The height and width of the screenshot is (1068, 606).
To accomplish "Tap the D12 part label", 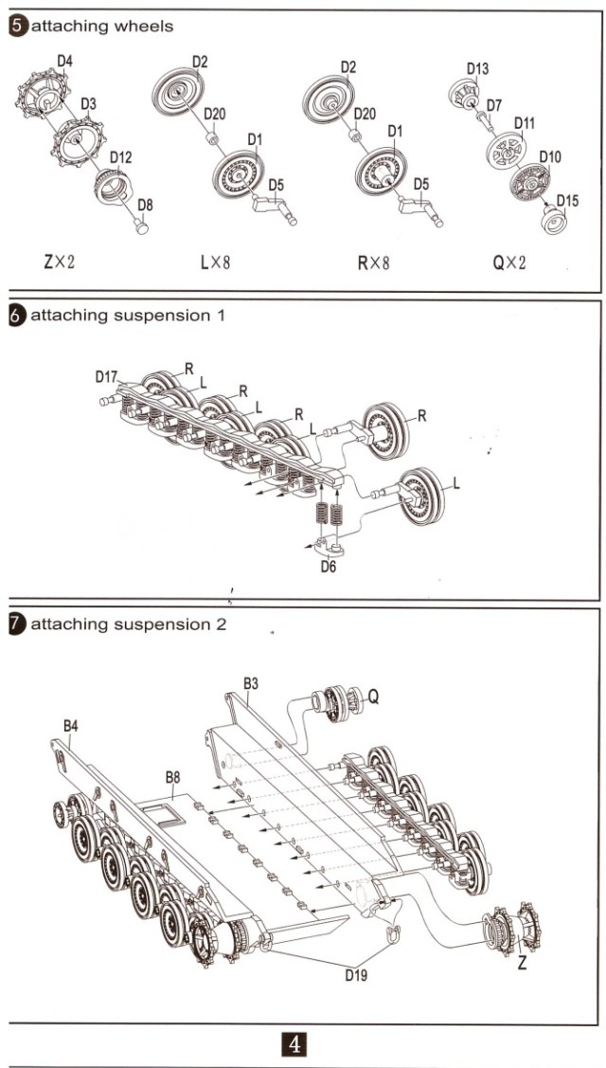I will pos(120,157).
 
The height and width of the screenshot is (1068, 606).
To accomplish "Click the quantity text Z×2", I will pos(59,262).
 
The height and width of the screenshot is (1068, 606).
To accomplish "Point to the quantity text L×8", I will pos(215,262).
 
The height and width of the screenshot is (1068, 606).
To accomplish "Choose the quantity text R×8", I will pos(373,262).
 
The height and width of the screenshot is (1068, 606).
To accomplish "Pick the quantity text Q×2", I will pos(510,262).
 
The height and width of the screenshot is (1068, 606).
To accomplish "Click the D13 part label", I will pos(477,69).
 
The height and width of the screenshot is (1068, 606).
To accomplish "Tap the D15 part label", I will pos(567,200).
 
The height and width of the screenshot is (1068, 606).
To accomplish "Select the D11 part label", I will pos(525,123).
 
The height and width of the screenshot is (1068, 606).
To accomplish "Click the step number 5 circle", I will pos(18,27).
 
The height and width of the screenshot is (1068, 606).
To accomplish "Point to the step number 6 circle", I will pos(18,315).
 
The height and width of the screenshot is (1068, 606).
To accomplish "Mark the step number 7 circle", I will pos(18,625).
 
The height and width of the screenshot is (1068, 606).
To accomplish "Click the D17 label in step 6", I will pos(106,376).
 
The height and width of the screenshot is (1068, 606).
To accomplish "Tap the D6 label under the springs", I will pos(329,566).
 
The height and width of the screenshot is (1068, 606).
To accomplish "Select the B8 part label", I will pos(173,777).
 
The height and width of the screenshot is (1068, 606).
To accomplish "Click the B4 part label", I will pos(71,726).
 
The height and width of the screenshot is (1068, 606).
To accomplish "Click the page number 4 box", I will pos(294,1044).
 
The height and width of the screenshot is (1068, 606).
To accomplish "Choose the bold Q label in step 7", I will pos(374,697).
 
